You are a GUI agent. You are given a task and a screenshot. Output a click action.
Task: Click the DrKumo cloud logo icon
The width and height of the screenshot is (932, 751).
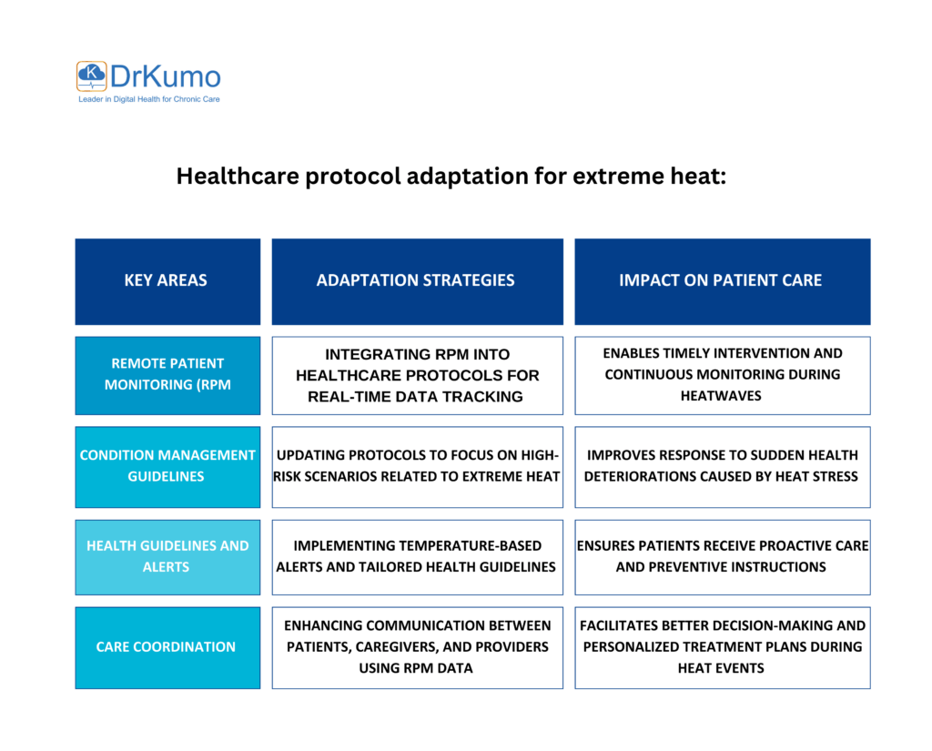coord(91,76)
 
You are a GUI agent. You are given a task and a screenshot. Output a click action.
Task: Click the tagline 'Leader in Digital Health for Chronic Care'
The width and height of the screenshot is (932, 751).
coord(148,98)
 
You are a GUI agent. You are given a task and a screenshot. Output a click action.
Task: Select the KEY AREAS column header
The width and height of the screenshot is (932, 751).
coord(166,280)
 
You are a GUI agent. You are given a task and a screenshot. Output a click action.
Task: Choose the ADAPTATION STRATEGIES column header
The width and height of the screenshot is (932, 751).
coord(415,280)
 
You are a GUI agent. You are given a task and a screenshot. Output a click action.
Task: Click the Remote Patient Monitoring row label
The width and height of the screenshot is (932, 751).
coord(167,374)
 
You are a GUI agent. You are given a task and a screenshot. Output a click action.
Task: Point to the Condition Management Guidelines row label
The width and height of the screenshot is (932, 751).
coord(167,465)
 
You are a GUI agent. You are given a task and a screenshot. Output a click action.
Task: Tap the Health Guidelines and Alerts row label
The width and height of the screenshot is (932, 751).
coord(167,556)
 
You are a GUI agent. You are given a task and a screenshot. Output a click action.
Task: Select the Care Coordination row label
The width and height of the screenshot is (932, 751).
coord(166,646)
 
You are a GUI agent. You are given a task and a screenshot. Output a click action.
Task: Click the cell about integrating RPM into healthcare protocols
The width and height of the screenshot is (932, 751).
coord(417,375)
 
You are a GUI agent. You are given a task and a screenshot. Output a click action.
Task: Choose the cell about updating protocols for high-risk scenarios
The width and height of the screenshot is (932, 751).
coord(417,465)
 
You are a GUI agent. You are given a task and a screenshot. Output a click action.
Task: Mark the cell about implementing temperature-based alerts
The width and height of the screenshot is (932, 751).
coord(417,556)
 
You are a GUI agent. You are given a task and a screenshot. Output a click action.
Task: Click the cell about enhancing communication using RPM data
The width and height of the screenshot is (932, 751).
coord(417,646)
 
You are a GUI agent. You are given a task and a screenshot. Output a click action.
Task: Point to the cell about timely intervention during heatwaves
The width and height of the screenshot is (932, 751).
coord(722,374)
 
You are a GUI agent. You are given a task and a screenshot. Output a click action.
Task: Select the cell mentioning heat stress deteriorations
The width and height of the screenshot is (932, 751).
coord(722,465)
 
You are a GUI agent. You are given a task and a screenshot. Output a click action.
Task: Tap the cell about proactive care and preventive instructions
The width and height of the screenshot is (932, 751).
coord(722,556)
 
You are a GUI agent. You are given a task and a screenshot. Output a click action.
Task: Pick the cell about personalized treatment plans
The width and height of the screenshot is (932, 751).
coord(722,646)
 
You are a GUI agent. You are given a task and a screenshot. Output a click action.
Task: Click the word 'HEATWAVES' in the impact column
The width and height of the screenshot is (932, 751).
coord(721,395)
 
